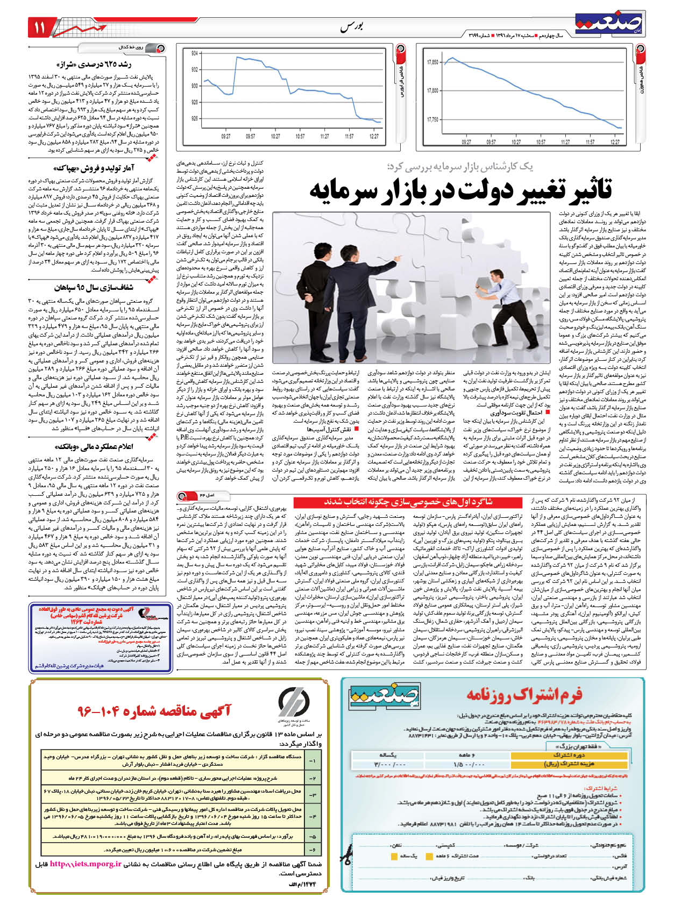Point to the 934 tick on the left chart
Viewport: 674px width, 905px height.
click(194, 53)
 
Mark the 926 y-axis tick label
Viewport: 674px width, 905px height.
click(194, 118)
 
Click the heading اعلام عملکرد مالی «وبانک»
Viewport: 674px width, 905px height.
click(94, 446)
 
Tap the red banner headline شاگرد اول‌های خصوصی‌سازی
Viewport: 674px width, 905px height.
click(409, 502)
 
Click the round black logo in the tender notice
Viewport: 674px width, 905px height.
click(294, 702)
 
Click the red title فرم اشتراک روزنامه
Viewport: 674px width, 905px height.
click(524, 695)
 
